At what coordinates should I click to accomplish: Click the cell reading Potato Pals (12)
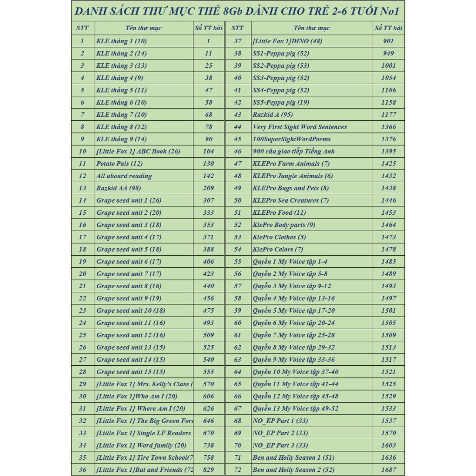pyautogui.click(x=119, y=164)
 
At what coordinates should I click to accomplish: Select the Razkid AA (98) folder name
pyautogui.click(x=119, y=188)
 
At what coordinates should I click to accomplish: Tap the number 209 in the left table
pyautogui.click(x=209, y=188)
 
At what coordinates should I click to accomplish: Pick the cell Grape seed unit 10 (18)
pyautogui.click(x=131, y=311)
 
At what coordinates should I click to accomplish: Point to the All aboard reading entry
pyautogui.click(x=124, y=176)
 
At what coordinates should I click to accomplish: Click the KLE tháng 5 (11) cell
pyautogui.click(x=121, y=90)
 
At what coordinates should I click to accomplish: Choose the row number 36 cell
pyautogui.click(x=82, y=469)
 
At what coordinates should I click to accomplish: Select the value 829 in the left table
pyautogui.click(x=209, y=469)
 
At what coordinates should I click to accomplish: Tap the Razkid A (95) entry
pyautogui.click(x=273, y=115)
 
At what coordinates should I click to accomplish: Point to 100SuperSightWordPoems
pyautogui.click(x=292, y=139)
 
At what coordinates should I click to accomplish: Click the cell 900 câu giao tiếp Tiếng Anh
pyautogui.click(x=293, y=152)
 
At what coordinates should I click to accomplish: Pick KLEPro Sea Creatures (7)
pyautogui.click(x=291, y=200)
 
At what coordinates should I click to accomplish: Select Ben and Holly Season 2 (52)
pyautogui.click(x=293, y=469)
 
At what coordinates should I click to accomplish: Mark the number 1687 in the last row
pyautogui.click(x=389, y=469)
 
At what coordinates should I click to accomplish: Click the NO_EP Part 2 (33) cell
pyautogui.click(x=280, y=433)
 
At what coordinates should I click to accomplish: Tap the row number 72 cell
pyautogui.click(x=238, y=469)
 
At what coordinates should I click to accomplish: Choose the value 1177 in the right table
pyautogui.click(x=389, y=115)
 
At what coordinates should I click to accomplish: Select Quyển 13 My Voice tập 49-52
pyautogui.click(x=296, y=409)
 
